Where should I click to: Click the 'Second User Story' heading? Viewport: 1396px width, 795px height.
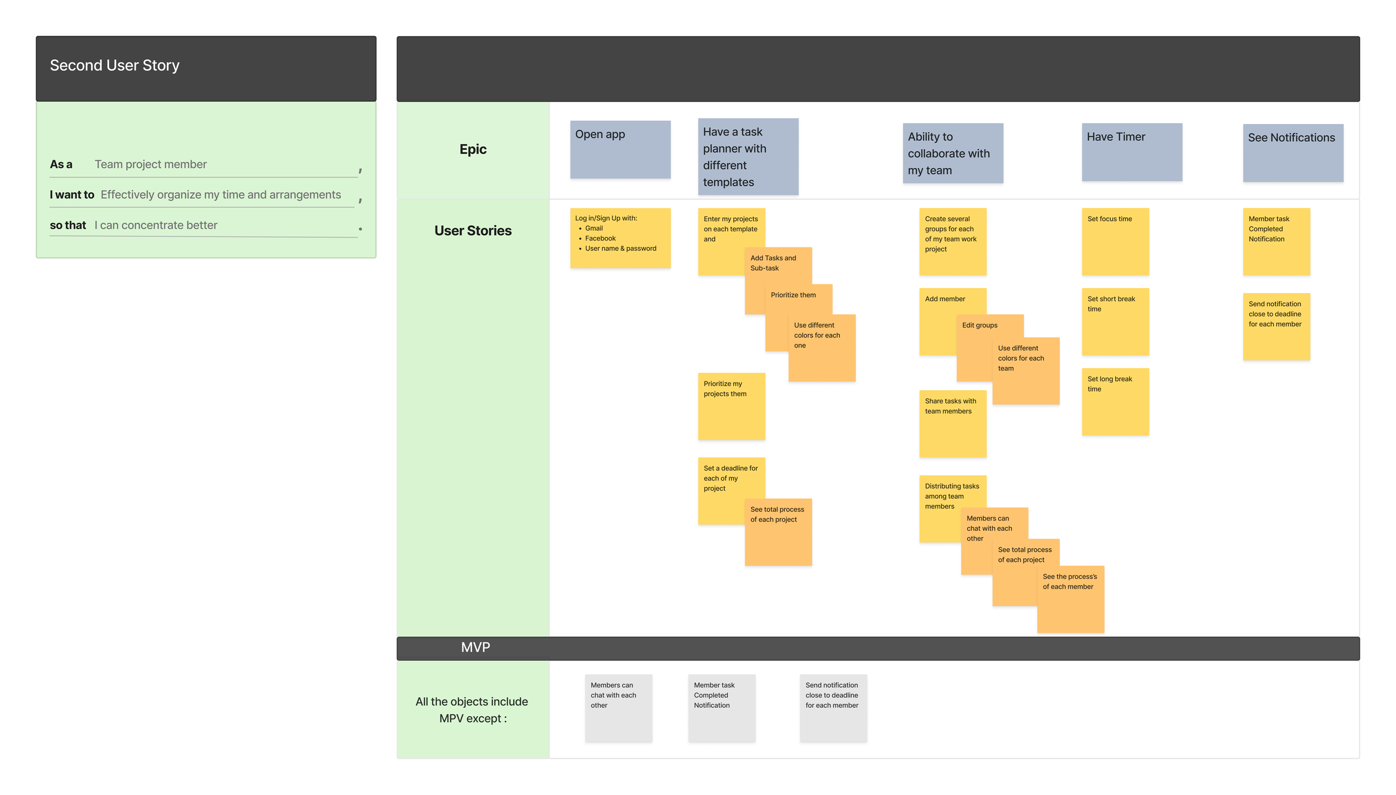pyautogui.click(x=114, y=65)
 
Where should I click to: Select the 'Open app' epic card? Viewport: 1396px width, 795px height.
pyautogui.click(x=620, y=150)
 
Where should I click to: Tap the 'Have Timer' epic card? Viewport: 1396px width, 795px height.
pyautogui.click(x=1131, y=152)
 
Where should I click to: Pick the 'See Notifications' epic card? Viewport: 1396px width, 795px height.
pyautogui.click(x=1292, y=153)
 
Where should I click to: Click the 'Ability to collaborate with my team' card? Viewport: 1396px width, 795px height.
pyautogui.click(x=952, y=153)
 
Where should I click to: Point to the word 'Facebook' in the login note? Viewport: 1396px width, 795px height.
pyautogui.click(x=600, y=239)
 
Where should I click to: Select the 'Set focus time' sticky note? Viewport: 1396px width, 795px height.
pyautogui.click(x=1115, y=241)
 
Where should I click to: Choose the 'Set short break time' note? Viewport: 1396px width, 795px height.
pyautogui.click(x=1115, y=321)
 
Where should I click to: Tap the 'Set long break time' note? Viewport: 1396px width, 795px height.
pyautogui.click(x=1115, y=401)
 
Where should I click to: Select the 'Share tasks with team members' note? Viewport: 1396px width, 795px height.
pyautogui.click(x=952, y=423)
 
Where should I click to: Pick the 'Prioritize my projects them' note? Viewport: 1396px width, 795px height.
pyautogui.click(x=731, y=406)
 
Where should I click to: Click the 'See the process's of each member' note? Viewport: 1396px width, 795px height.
pyautogui.click(x=1070, y=599)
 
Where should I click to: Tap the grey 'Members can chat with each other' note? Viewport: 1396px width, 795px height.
pyautogui.click(x=618, y=707)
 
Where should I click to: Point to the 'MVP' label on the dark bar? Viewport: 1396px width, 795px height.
pyautogui.click(x=475, y=648)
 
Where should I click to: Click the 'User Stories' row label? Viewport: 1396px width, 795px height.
pyautogui.click(x=472, y=231)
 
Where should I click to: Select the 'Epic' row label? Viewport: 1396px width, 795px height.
pyautogui.click(x=472, y=149)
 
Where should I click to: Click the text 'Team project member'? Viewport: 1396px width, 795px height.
pyautogui.click(x=151, y=164)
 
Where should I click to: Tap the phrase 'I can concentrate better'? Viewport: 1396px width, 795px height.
pyautogui.click(x=156, y=225)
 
